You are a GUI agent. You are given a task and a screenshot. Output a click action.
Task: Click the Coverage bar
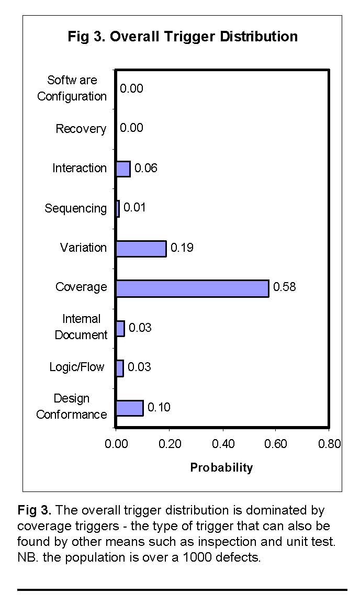192,288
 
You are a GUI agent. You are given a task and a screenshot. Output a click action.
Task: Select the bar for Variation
141,249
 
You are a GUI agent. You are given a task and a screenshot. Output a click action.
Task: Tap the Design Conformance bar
129,408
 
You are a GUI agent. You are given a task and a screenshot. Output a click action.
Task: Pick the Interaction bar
123,169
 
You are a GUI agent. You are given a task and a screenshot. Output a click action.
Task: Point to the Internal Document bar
120,328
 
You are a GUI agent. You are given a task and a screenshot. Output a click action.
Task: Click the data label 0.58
285,287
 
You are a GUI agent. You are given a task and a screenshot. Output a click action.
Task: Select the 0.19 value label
182,248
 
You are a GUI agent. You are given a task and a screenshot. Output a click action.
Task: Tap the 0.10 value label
159,407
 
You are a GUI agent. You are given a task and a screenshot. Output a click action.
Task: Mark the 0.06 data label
146,168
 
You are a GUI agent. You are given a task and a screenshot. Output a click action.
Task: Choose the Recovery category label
81,129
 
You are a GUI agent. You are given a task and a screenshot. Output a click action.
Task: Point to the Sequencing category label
75,208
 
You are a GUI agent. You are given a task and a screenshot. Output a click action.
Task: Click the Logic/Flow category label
77,367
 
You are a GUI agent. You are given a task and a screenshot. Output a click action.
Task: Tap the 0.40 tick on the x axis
222,444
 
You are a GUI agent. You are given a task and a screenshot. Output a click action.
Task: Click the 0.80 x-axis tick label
329,444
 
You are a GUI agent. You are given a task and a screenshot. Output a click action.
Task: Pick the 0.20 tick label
169,444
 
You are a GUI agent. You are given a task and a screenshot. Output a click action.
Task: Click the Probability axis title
221,467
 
